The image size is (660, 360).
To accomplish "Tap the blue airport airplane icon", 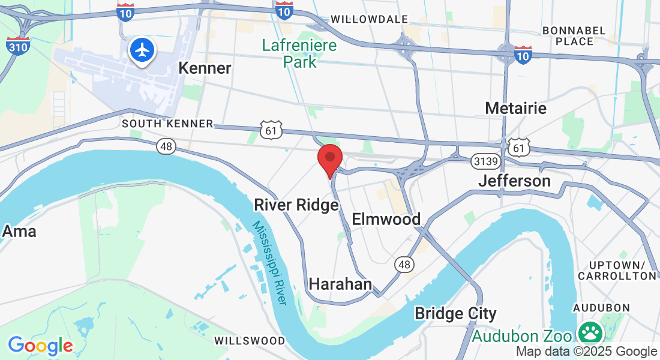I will [142, 50].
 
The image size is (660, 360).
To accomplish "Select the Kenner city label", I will [205, 68].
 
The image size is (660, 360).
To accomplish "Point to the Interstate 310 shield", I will [17, 46].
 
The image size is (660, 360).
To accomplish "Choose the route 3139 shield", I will [485, 161].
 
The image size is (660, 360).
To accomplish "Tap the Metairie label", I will [515, 108].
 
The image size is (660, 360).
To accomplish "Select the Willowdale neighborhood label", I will [369, 19].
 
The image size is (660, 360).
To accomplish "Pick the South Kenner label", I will [167, 124].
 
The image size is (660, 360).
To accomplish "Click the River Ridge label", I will [296, 205].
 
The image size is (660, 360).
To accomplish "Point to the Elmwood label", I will [386, 219].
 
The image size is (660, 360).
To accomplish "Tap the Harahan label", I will [340, 283].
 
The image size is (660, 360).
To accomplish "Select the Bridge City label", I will [455, 313].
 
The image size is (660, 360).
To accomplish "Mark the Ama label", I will [19, 231].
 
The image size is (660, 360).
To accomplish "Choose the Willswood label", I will [250, 341].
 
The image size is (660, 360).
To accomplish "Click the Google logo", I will [40, 346].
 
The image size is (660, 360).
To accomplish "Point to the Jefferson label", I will [514, 181].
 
